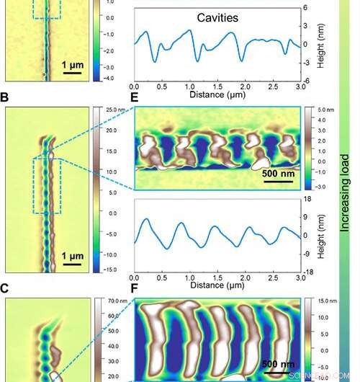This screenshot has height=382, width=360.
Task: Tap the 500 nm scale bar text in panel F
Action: pos(277,363)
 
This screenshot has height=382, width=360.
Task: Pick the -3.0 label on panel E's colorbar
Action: pos(322,185)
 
